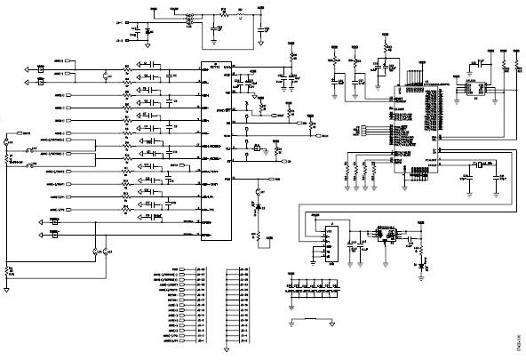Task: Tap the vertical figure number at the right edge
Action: click(518, 342)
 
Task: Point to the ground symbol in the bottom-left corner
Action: click(8, 288)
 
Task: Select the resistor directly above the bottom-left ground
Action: click(8, 270)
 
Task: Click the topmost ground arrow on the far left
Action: click(29, 68)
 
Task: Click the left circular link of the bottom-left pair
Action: click(95, 252)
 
